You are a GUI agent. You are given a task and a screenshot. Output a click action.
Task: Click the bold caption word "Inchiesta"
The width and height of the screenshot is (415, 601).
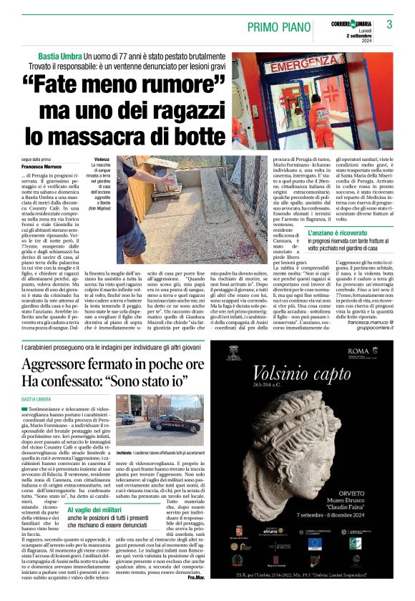pos(124,454)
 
